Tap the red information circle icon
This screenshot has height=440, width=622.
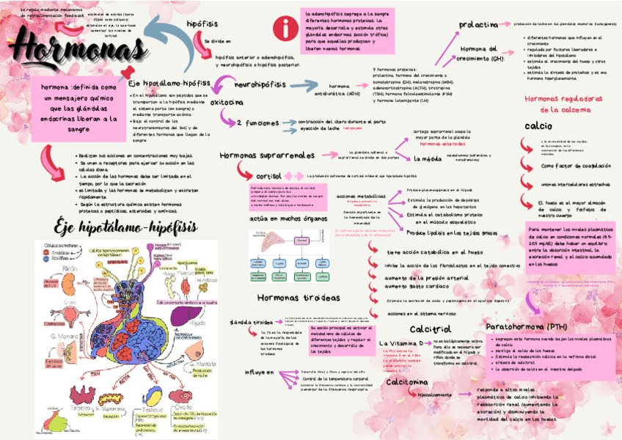pos(282,29)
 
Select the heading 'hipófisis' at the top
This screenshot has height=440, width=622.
pos(202,24)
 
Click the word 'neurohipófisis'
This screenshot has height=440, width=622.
pos(260,84)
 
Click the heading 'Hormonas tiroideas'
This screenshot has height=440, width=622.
pos(299,298)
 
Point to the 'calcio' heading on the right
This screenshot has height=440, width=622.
pos(538,126)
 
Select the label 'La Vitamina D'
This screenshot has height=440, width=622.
pos(401,342)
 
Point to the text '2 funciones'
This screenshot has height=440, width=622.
pos(257,123)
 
